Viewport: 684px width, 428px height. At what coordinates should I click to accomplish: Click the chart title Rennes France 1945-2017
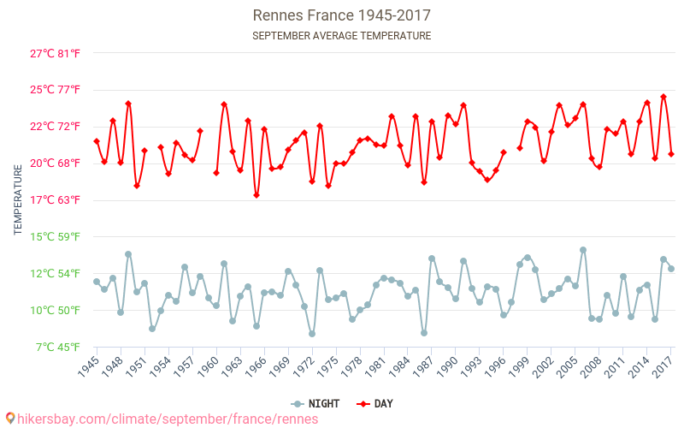[341, 15]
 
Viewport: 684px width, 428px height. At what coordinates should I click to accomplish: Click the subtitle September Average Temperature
[341, 36]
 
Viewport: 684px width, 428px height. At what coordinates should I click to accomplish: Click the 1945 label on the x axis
[88, 366]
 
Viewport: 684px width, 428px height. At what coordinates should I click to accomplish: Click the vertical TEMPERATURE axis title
[18, 200]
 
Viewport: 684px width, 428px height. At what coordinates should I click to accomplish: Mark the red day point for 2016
[663, 97]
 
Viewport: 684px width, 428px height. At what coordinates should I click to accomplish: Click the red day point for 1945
[97, 141]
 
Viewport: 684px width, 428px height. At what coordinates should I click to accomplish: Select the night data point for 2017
[671, 269]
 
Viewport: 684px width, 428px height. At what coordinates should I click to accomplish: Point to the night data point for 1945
[97, 282]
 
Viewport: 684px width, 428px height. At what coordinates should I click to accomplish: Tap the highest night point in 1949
[128, 254]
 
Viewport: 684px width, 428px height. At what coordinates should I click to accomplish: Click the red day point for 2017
[671, 154]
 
